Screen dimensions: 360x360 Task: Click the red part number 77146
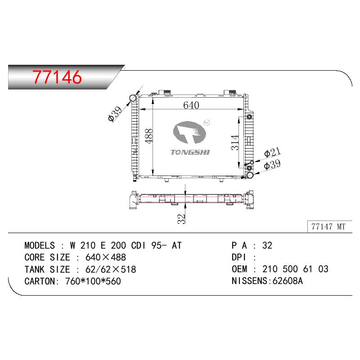click(x=57, y=76)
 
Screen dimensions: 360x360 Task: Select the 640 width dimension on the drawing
click(x=191, y=105)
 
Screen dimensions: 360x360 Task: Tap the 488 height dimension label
click(x=149, y=136)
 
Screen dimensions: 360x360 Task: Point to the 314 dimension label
click(x=235, y=143)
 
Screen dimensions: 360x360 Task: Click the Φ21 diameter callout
click(x=272, y=152)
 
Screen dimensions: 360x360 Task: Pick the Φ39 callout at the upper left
click(x=115, y=114)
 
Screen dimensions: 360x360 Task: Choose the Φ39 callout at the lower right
click(x=272, y=164)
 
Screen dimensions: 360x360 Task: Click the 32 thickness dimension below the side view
click(x=181, y=219)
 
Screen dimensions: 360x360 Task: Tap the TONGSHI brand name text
click(x=190, y=152)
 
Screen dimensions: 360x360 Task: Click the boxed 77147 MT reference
click(x=328, y=227)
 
